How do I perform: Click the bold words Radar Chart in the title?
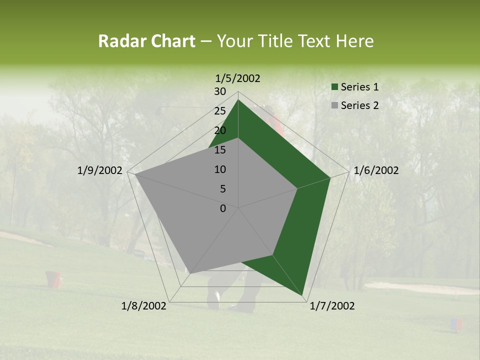146,41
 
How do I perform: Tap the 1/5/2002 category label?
238,78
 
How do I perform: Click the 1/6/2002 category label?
376,170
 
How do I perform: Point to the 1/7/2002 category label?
332,306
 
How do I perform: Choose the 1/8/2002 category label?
144,306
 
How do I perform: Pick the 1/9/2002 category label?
100,170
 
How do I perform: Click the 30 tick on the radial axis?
220,91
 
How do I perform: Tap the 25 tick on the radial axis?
220,111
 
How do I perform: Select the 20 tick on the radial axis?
220,130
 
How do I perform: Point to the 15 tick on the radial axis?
220,150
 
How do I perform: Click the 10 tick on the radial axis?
220,169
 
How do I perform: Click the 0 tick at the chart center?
223,208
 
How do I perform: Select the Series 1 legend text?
359,87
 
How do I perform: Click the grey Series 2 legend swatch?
335,105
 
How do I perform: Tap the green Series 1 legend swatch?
335,87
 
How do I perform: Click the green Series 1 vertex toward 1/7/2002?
302,295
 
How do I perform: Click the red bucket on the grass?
54,279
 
